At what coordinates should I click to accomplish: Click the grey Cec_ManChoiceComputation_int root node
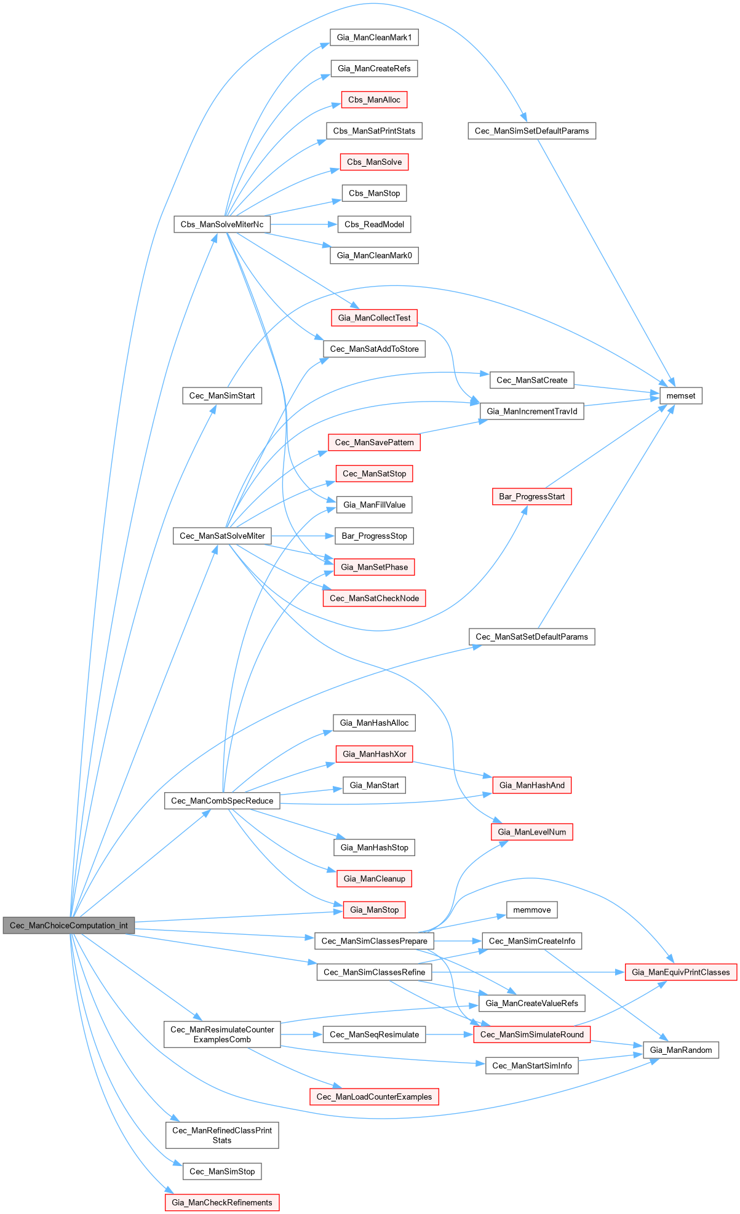click(x=69, y=925)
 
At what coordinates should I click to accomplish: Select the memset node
click(x=680, y=395)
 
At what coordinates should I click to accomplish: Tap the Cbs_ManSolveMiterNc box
click(x=222, y=224)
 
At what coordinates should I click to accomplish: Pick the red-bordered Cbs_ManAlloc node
click(x=374, y=100)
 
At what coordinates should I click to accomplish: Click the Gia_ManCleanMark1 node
click(x=374, y=38)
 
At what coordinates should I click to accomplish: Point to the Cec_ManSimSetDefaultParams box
click(x=531, y=131)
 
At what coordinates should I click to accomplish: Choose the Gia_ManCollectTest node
click(x=374, y=318)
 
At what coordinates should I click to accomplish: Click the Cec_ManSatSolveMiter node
click(x=222, y=536)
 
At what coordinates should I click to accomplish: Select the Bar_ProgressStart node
click(x=531, y=496)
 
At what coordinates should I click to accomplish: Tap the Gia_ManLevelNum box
click(x=531, y=832)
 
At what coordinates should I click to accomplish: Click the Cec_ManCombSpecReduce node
click(x=222, y=801)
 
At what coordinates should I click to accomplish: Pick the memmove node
click(x=531, y=910)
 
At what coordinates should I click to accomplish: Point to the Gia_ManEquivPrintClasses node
click(x=680, y=972)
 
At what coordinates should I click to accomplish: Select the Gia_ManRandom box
click(x=680, y=1050)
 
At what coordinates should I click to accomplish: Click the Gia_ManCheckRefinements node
click(x=222, y=1202)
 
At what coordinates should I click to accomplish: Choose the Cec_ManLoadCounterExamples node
click(x=374, y=1097)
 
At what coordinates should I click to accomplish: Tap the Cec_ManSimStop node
click(x=222, y=1172)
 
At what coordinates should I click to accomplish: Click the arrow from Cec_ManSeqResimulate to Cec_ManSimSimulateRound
click(x=449, y=1034)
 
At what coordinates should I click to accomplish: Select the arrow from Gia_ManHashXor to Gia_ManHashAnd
click(x=452, y=769)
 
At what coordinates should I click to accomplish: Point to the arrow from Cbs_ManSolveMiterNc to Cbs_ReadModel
click(x=304, y=224)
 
